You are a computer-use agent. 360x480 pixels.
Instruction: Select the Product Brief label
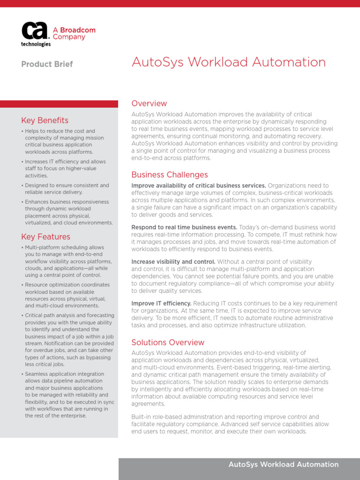47,64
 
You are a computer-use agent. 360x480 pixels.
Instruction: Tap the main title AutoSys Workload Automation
228,62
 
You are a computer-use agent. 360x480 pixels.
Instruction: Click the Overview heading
149,104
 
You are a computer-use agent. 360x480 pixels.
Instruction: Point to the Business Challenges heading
169,175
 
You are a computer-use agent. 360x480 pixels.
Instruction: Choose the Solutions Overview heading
168,342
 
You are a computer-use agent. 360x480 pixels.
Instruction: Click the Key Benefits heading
45,120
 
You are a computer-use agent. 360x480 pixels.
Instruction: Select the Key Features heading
45,237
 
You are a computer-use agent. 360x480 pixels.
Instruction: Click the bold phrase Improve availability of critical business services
199,186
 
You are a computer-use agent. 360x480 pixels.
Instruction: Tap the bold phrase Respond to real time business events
184,227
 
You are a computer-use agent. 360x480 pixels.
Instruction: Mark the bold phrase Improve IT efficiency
161,303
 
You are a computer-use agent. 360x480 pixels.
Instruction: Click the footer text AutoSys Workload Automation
283,465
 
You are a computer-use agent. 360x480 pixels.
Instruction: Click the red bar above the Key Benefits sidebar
59,104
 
